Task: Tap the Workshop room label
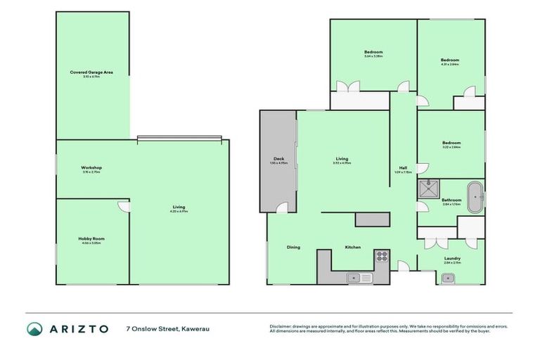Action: tap(91, 167)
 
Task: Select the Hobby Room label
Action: tap(91, 239)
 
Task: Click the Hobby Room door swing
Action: tap(122, 207)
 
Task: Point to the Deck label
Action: tap(278, 160)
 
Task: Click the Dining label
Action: tap(293, 247)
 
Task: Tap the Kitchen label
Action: tap(352, 247)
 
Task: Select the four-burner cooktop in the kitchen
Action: tap(381, 256)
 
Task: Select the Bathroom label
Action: tap(451, 200)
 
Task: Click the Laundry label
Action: tap(451, 258)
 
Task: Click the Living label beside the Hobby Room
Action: tap(179, 207)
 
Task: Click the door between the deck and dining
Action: tap(281, 208)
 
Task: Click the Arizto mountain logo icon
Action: tap(34, 329)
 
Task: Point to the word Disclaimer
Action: tap(283, 326)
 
